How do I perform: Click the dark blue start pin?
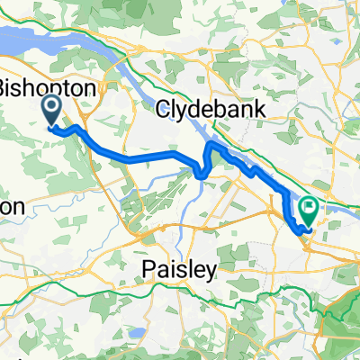[50, 112]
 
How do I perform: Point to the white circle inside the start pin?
[50, 108]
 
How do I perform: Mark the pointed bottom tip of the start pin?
[50, 127]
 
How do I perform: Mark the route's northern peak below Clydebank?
[211, 142]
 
